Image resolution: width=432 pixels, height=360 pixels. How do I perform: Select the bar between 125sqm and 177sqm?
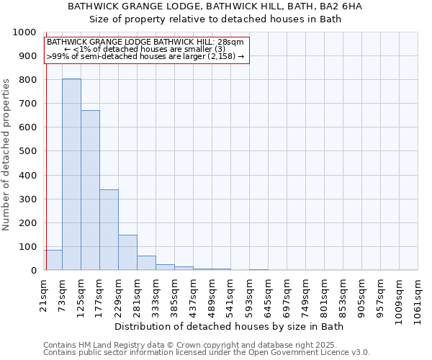[x=90, y=190]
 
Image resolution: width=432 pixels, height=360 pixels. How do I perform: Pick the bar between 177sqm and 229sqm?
[x=109, y=230]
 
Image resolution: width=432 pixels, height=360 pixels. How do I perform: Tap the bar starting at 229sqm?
[x=127, y=253]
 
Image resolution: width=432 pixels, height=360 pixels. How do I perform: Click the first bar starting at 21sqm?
[x=53, y=260]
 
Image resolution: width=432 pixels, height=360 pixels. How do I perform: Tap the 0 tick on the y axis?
[x=33, y=271]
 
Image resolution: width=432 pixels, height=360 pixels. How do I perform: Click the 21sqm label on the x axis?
[x=44, y=293]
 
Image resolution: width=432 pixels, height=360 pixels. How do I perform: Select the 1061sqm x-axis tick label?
[x=418, y=297]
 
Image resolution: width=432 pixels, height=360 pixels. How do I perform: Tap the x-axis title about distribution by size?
[x=230, y=327]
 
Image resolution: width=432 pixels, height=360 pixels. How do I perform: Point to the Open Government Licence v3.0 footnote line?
[x=207, y=353]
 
